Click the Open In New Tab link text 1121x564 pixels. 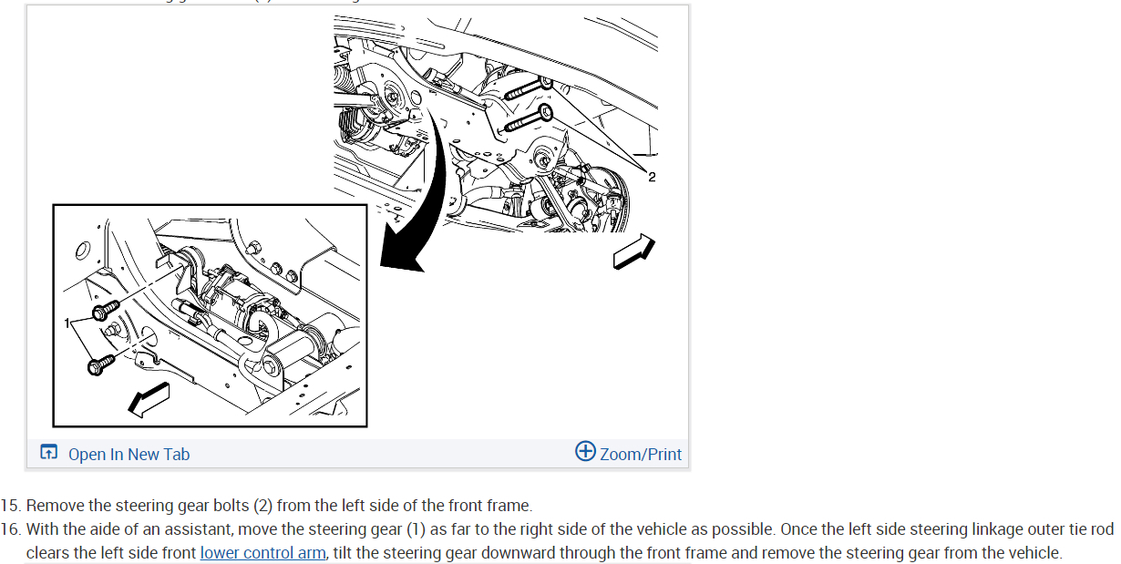pos(129,454)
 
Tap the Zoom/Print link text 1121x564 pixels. pos(641,454)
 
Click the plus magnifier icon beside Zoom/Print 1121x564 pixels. pos(585,451)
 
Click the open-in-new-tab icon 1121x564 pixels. pos(48,451)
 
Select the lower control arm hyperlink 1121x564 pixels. pos(262,552)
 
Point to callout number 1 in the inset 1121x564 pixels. pos(67,323)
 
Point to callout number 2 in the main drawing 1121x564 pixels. pos(652,177)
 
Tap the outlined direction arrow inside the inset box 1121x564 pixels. pos(149,399)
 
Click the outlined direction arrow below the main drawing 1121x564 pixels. pos(634,251)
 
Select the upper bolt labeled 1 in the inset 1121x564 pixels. pos(106,311)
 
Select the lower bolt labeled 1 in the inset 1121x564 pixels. pos(100,364)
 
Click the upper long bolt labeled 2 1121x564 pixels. pos(528,89)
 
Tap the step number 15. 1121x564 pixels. pos(11,506)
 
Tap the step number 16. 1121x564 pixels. pos(11,529)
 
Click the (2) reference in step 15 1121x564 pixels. pos(262,506)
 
